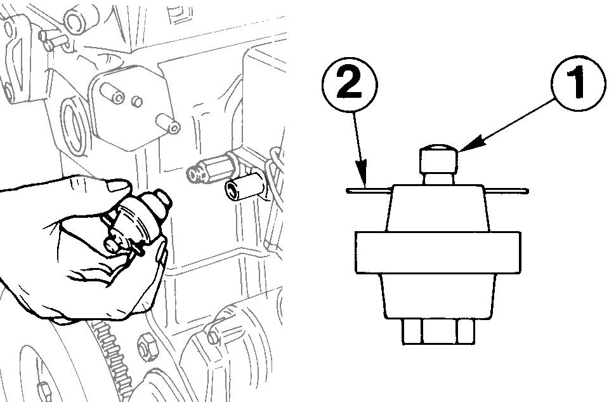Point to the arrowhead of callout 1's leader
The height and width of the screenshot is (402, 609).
pyautogui.click(x=459, y=150)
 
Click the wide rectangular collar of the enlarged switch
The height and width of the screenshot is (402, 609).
pyautogui.click(x=437, y=253)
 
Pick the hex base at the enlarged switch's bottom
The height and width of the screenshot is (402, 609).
pyautogui.click(x=437, y=330)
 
